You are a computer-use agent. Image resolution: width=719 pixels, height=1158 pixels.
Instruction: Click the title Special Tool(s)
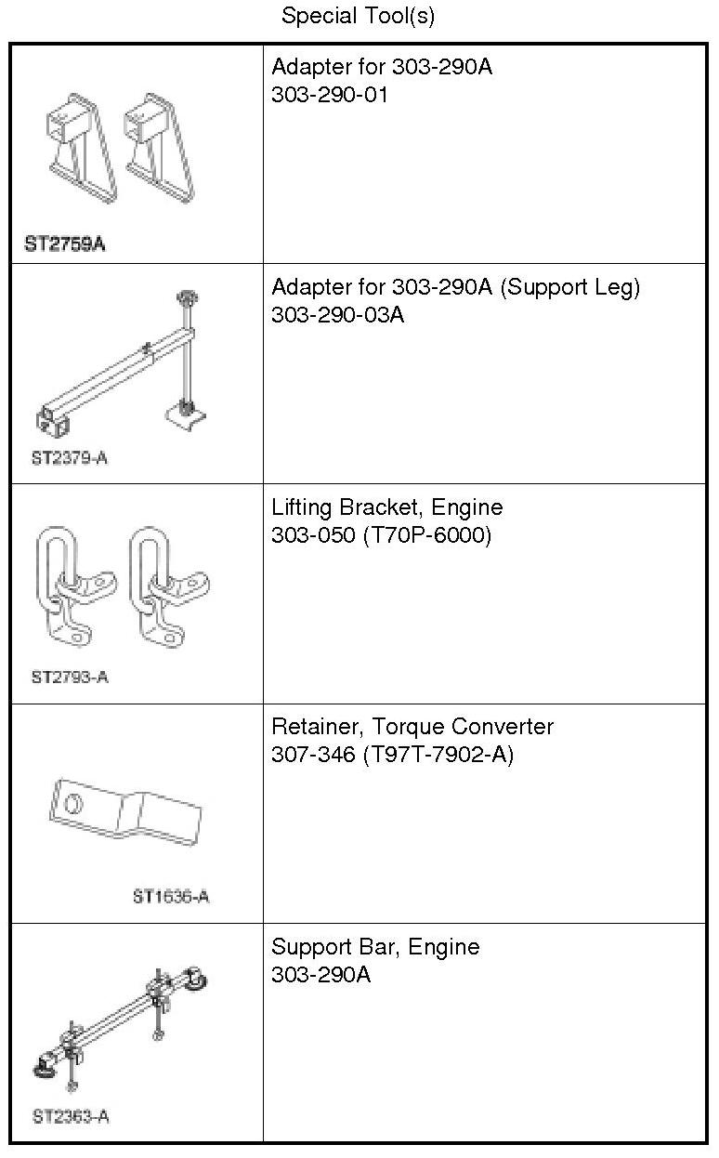(x=358, y=16)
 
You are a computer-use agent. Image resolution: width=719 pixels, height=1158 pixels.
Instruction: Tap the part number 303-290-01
(x=329, y=95)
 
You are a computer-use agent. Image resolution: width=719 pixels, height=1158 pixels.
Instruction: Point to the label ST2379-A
(x=69, y=458)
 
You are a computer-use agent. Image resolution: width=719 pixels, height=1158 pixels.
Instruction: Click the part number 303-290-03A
(x=338, y=315)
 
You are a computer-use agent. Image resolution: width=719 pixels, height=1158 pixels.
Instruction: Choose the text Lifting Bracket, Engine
(x=386, y=507)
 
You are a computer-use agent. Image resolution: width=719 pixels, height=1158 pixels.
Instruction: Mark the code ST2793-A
(x=70, y=677)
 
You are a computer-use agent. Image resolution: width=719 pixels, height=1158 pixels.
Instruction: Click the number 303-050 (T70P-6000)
(x=381, y=535)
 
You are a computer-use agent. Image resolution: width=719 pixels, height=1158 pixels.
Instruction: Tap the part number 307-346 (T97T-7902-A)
(x=392, y=755)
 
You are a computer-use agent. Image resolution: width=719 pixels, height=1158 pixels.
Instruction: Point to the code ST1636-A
(x=171, y=897)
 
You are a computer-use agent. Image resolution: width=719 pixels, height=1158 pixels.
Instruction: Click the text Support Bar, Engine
(x=375, y=947)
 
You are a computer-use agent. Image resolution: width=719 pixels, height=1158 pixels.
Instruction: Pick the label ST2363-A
(x=71, y=1116)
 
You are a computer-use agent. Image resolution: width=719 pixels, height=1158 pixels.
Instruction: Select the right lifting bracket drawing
(x=166, y=591)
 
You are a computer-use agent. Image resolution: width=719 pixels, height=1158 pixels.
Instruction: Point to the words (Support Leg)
(x=570, y=287)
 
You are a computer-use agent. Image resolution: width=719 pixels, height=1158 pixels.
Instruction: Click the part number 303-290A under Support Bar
(x=320, y=975)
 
